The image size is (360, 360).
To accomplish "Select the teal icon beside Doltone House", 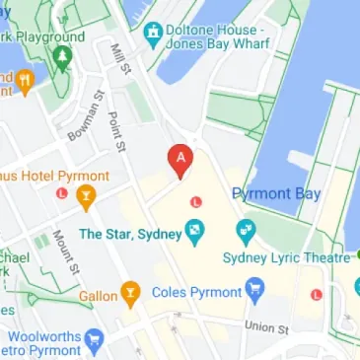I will [153, 36].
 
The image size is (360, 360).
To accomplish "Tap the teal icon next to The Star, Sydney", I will [196, 233].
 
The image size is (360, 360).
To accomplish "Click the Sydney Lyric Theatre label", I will [287, 257].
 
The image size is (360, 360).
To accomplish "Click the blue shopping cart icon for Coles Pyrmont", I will [257, 292].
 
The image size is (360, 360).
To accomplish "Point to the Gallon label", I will [98, 294].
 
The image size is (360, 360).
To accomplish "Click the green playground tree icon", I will [60, 58].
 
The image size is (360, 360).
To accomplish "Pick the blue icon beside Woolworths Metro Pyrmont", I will [96, 342].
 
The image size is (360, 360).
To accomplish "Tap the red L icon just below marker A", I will [195, 201].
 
